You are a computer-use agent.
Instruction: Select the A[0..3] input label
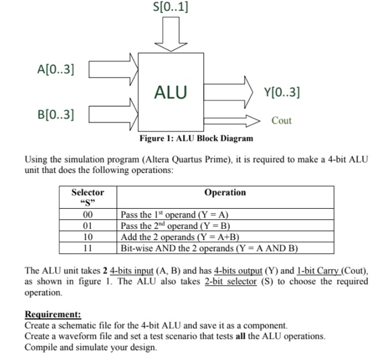(x=57, y=69)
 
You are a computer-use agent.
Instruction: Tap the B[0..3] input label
(x=57, y=114)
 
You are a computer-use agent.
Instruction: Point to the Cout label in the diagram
(x=281, y=121)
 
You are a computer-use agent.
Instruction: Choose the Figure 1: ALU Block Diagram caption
(x=196, y=138)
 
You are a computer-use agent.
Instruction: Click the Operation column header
(x=225, y=193)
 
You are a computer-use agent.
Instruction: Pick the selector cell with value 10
(x=88, y=237)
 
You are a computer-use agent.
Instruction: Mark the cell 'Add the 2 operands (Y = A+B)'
(x=180, y=237)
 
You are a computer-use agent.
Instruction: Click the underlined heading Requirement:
(x=53, y=315)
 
